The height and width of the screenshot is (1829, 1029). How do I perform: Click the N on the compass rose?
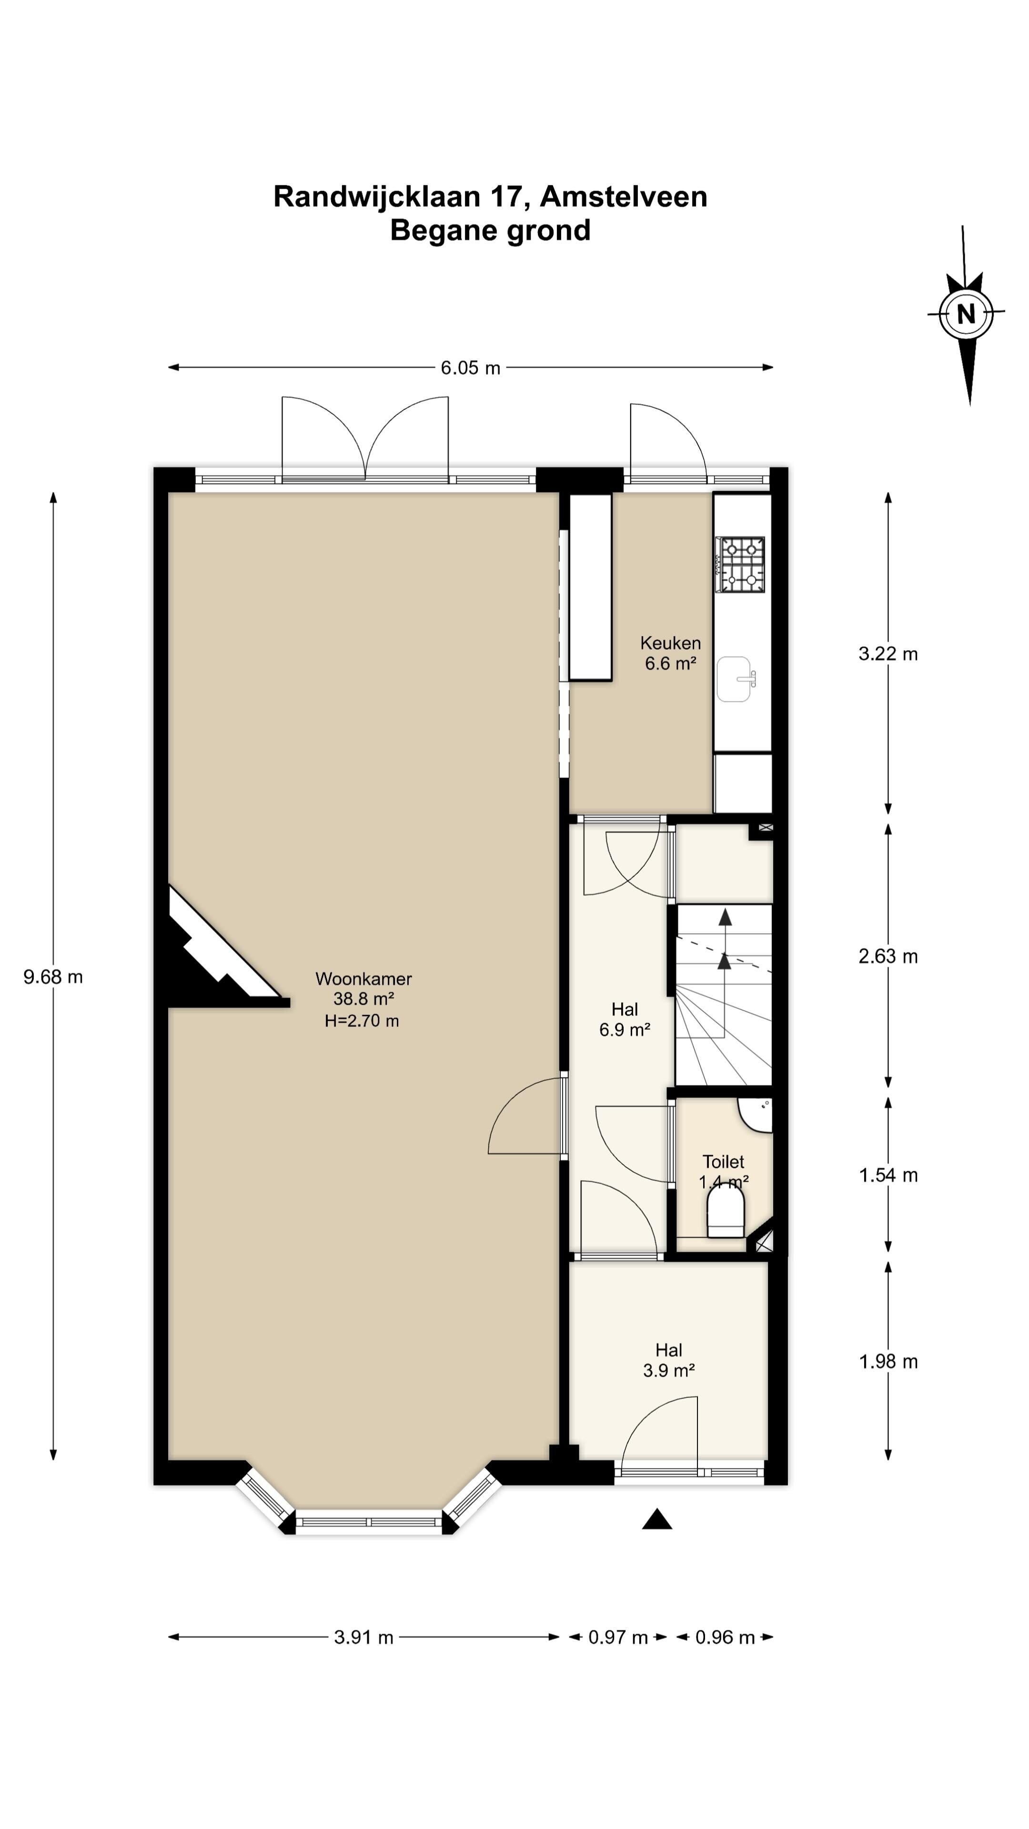966,314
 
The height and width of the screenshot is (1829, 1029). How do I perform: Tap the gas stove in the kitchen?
741,564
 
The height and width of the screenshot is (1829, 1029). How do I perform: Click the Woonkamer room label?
363,979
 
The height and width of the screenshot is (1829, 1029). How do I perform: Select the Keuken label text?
670,643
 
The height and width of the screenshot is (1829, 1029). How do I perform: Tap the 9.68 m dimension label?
53,977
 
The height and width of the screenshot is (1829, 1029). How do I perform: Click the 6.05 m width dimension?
470,368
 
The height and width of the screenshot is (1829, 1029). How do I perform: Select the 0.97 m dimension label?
618,1638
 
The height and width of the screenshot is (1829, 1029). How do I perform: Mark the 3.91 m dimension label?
363,1638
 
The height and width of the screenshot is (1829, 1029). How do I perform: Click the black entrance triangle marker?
657,1519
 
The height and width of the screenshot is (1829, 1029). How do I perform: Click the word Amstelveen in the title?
624,197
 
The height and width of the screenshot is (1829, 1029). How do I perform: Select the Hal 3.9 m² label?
669,1360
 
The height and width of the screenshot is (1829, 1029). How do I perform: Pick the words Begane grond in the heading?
490,231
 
